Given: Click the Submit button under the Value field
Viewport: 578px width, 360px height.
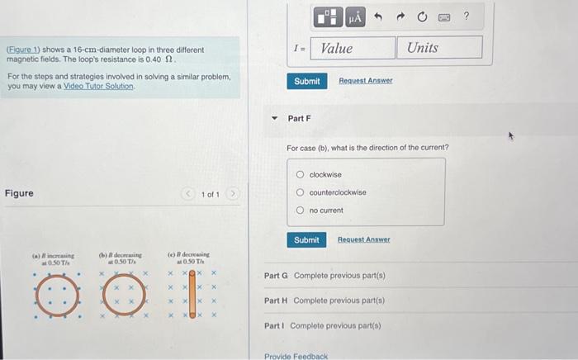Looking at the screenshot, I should (x=306, y=81).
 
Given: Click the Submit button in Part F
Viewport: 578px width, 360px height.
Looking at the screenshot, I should (x=306, y=239).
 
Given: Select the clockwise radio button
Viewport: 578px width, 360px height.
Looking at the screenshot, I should (x=300, y=175).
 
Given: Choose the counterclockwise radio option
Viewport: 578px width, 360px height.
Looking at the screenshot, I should (x=300, y=192).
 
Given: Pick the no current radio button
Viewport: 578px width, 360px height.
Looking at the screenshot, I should (x=300, y=210).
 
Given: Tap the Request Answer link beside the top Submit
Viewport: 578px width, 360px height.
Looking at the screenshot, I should (x=365, y=81).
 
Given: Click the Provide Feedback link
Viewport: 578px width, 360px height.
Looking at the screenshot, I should (x=296, y=356).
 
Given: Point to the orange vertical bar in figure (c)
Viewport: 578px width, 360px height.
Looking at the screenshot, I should (x=192, y=294).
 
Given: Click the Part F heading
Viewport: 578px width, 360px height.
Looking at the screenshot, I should (x=299, y=119).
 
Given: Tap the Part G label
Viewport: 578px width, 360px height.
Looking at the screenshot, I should (x=276, y=275).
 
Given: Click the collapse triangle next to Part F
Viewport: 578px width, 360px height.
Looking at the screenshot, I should (x=276, y=118).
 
